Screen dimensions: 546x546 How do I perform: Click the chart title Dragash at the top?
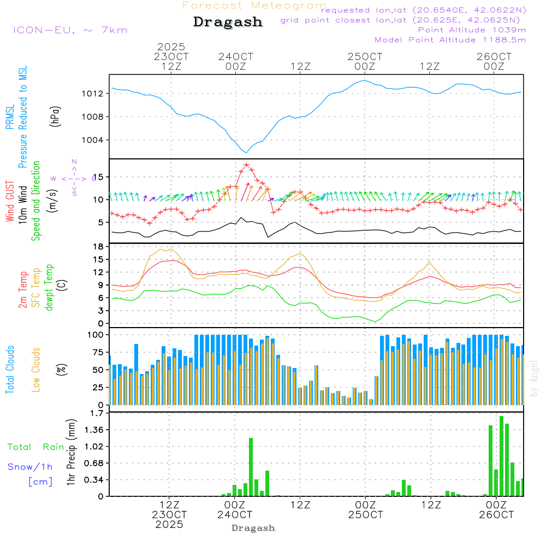[228, 22]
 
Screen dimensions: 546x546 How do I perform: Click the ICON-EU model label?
[70, 30]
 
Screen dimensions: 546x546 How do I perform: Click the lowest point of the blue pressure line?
[246, 152]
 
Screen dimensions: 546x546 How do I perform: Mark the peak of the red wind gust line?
[246, 164]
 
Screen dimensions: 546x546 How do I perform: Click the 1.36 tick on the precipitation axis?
[95, 430]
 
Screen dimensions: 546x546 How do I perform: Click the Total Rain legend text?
[35, 447]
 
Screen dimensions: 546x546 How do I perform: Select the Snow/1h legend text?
[30, 467]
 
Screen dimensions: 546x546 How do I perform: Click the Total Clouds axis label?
[10, 370]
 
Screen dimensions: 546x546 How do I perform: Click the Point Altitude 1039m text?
[472, 29]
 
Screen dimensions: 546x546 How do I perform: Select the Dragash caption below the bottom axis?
[253, 528]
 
